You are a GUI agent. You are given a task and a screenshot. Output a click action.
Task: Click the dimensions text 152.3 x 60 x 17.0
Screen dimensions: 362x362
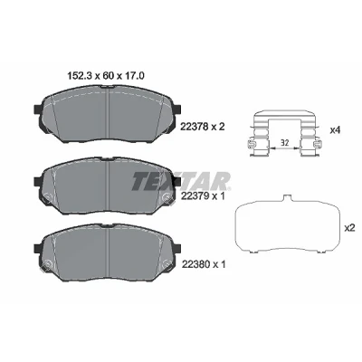point(106,75)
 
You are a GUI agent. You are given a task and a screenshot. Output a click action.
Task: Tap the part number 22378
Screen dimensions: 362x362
point(194,127)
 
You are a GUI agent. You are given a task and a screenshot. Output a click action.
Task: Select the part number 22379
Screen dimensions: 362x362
point(194,196)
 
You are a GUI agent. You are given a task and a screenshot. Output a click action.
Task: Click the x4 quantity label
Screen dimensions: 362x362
point(335,130)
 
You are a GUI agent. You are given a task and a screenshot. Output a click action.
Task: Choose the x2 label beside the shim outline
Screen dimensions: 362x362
point(349,228)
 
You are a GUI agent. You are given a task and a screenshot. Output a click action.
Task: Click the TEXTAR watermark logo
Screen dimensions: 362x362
point(181,181)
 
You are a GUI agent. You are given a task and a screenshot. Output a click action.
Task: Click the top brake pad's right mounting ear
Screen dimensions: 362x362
point(176,110)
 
